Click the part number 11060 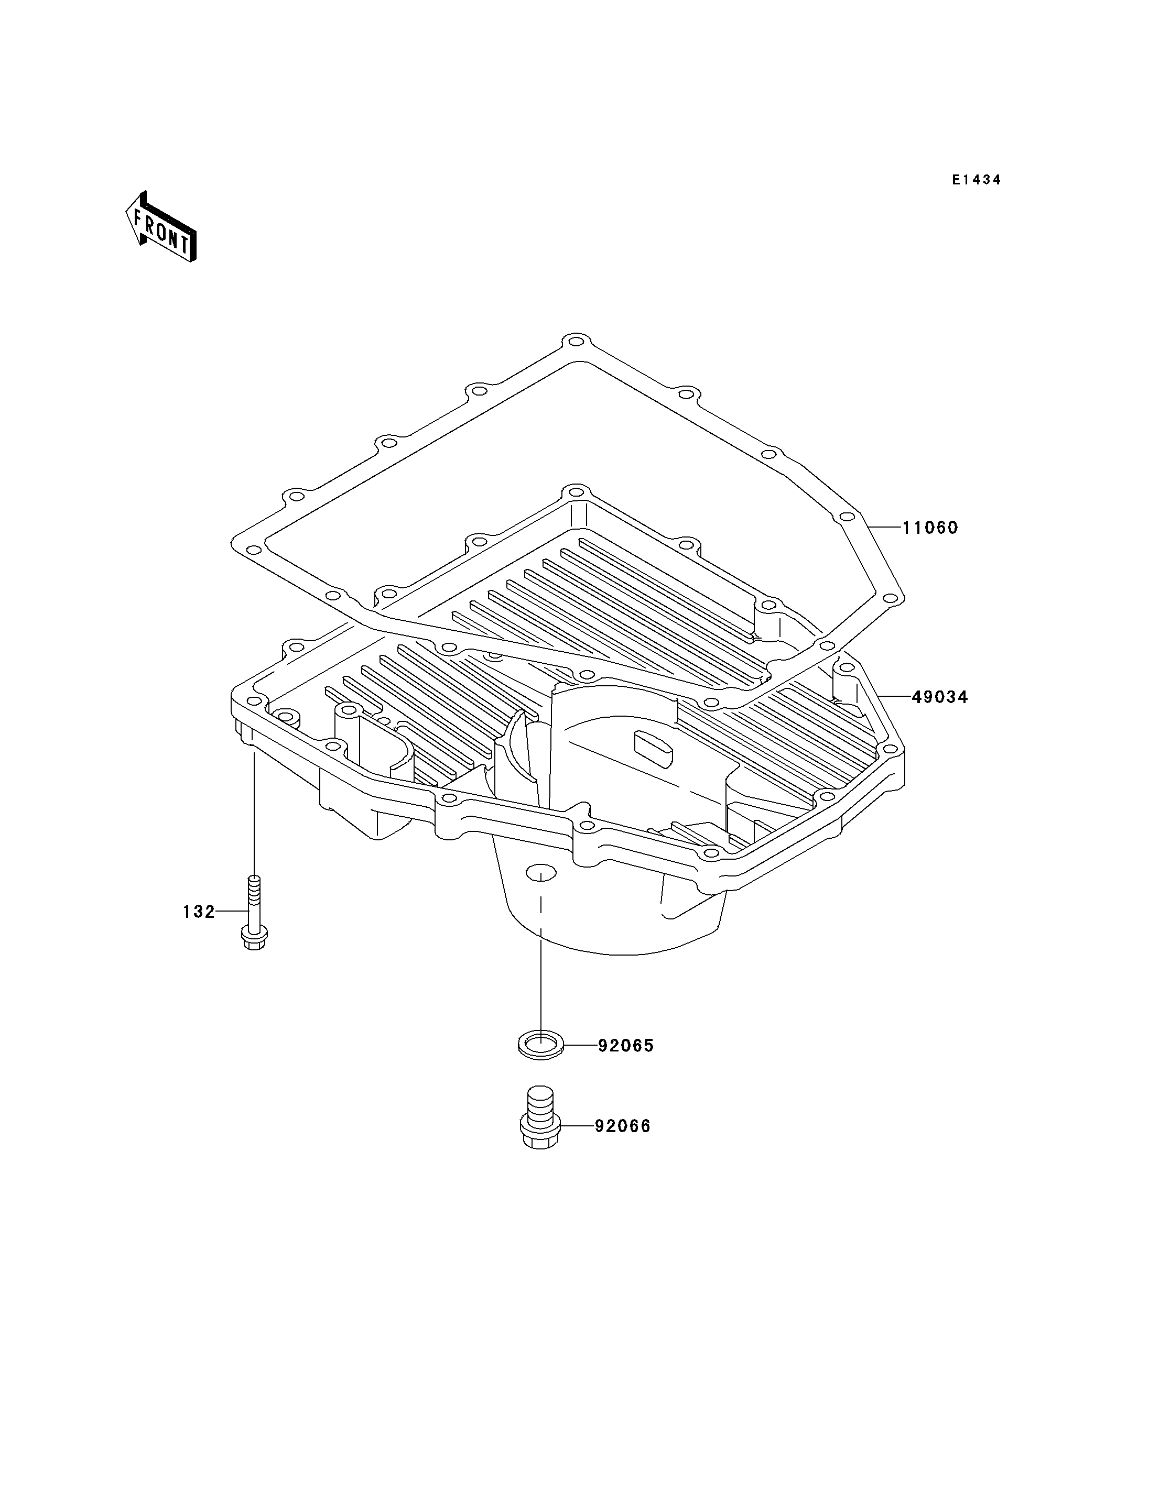click(x=930, y=528)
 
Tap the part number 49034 click(x=940, y=697)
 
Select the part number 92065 click(x=626, y=1065)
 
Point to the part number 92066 click(x=622, y=1145)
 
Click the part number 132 click(x=199, y=912)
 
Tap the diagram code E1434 click(x=977, y=180)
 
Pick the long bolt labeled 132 click(x=254, y=913)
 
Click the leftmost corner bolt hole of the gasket click(x=252, y=550)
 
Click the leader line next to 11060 click(x=885, y=528)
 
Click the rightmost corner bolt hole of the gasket click(x=889, y=599)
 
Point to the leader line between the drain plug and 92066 click(x=577, y=1145)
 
